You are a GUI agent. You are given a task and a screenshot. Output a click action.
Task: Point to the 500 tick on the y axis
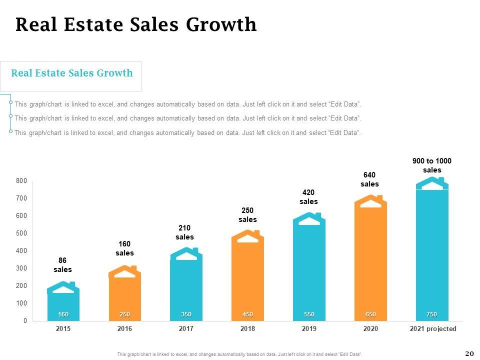pyautogui.click(x=21, y=233)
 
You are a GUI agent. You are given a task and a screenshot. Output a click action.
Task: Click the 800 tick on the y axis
pyautogui.click(x=21, y=181)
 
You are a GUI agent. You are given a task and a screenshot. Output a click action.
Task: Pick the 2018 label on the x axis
pyautogui.click(x=247, y=328)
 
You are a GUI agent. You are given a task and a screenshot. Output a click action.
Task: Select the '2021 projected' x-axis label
pyautogui.click(x=433, y=328)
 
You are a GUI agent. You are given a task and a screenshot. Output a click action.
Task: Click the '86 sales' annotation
pyautogui.click(x=62, y=265)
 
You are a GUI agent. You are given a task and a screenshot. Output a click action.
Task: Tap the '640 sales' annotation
pyautogui.click(x=370, y=179)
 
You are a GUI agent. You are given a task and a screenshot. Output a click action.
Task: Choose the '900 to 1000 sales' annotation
pyautogui.click(x=432, y=165)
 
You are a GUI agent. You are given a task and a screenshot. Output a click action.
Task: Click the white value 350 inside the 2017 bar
pyautogui.click(x=186, y=314)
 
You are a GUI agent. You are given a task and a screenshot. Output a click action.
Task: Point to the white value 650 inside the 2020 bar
pyautogui.click(x=370, y=314)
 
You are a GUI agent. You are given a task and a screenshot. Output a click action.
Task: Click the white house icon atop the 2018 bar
pyautogui.click(x=247, y=238)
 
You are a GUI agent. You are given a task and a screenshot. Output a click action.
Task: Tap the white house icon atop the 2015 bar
pyautogui.click(x=63, y=289)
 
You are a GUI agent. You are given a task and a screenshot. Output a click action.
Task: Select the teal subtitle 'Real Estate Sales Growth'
pyautogui.click(x=72, y=73)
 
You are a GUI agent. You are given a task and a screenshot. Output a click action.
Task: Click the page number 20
pyautogui.click(x=469, y=353)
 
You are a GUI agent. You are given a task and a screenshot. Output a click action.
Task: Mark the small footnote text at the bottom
pyautogui.click(x=239, y=354)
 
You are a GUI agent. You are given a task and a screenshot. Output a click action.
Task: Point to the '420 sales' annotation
pyautogui.click(x=308, y=197)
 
